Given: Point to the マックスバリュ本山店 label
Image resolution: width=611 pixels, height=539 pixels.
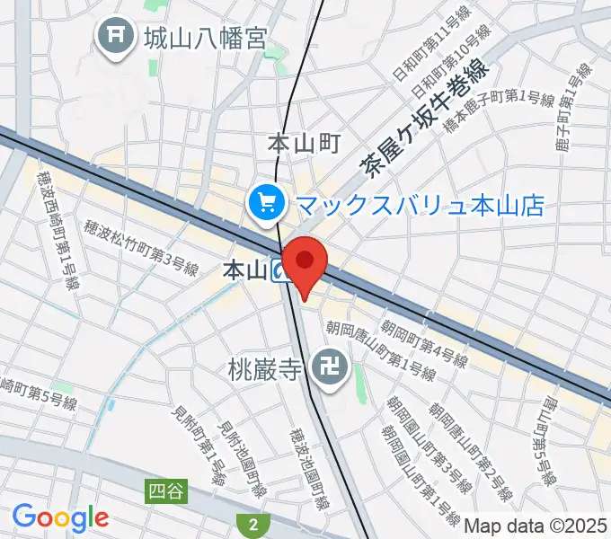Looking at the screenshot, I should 419,206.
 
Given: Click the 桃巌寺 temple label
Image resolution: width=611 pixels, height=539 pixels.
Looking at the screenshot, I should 267,368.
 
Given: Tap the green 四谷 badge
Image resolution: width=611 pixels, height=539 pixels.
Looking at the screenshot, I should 164,490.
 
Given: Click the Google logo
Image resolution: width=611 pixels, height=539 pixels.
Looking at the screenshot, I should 60,517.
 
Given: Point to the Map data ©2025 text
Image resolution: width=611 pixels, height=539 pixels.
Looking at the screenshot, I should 536,525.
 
